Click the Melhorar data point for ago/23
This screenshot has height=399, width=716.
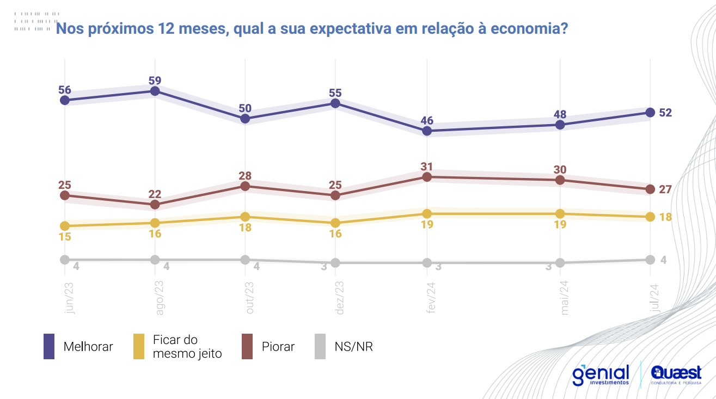[155, 91]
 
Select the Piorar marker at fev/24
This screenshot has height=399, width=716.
[427, 177]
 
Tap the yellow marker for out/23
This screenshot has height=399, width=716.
[245, 217]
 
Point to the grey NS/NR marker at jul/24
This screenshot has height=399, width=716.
[650, 260]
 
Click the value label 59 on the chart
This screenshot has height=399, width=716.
[155, 81]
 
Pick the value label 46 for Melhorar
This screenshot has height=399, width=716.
[427, 120]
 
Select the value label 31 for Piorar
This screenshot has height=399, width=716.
[427, 166]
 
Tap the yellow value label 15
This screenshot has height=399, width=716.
[65, 237]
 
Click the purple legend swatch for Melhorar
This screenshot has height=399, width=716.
[49, 347]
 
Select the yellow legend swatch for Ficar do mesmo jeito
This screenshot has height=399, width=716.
[139, 347]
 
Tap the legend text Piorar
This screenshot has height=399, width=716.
[278, 347]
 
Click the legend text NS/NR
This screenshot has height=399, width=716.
[354, 347]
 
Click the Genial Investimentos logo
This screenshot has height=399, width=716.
[601, 375]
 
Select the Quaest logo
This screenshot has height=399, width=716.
[676, 375]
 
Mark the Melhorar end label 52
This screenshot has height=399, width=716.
[665, 113]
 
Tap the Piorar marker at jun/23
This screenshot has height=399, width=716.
[65, 195]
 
